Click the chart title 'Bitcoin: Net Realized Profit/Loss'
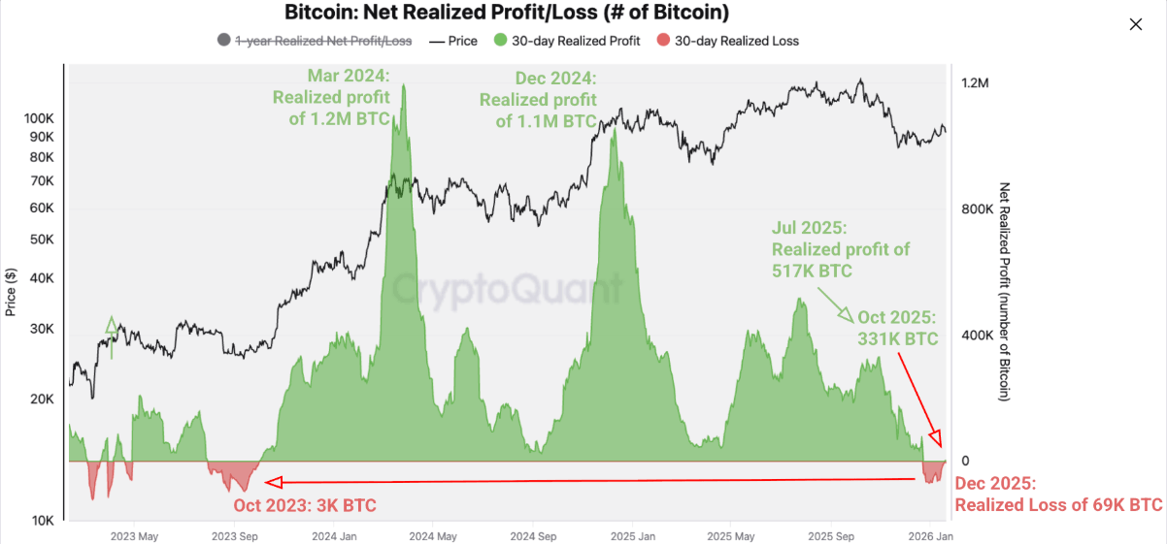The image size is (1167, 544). [506, 13]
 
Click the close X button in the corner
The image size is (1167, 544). [1136, 25]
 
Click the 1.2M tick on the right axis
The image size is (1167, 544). [974, 83]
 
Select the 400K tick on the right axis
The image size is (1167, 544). [977, 336]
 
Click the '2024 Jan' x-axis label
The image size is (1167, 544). [333, 535]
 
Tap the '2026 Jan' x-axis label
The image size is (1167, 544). [930, 535]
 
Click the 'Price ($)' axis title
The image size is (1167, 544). [11, 291]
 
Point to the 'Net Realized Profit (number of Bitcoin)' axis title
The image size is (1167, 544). [1005, 291]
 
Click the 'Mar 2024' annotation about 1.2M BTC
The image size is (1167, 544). [332, 97]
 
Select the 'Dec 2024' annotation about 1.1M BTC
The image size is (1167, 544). [539, 99]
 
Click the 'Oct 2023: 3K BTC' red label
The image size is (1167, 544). [305, 505]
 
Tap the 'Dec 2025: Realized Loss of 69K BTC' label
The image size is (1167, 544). [1058, 495]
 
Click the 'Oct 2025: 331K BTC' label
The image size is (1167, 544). [897, 328]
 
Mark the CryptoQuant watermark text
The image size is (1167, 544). [506, 289]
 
